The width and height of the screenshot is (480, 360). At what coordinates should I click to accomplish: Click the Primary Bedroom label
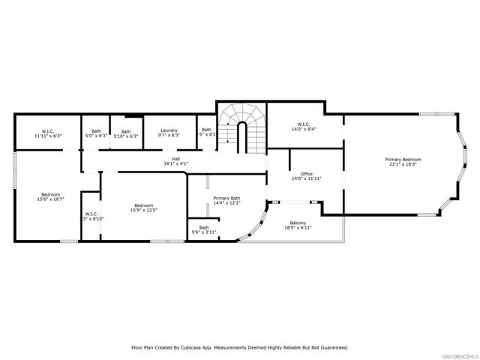tap(403, 159)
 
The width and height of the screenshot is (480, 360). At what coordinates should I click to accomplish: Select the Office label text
tap(306, 174)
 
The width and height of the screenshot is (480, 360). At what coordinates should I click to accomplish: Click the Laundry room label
tap(169, 130)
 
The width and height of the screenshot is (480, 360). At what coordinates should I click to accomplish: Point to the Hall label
tap(175, 158)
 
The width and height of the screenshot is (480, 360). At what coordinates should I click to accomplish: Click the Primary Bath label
tap(226, 198)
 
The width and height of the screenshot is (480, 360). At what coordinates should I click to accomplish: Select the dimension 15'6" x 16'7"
tap(50, 199)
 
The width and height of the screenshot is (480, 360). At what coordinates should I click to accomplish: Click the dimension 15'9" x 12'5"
tap(144, 210)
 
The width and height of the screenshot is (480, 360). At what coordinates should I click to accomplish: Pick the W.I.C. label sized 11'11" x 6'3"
tap(47, 130)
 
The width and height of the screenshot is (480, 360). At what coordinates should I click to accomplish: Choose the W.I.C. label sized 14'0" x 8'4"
tap(303, 124)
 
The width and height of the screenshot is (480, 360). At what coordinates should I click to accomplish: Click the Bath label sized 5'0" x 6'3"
tap(96, 130)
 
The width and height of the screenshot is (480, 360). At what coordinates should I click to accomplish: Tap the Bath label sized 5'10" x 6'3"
tap(126, 130)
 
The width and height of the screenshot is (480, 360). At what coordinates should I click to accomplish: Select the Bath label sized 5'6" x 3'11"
tap(203, 227)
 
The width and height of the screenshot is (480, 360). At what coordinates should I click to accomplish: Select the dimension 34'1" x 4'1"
tap(175, 163)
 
